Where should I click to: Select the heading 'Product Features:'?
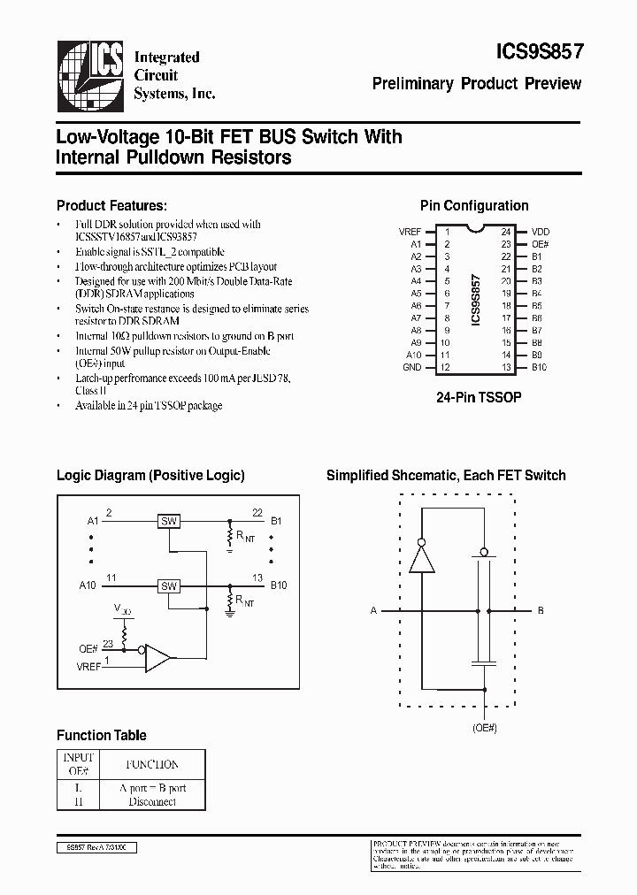pyautogui.click(x=111, y=205)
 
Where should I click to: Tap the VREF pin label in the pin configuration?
pyautogui.click(x=410, y=232)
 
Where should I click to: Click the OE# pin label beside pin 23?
pyautogui.click(x=540, y=244)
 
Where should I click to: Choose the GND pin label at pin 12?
pyautogui.click(x=411, y=366)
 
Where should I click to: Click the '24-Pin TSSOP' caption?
pyautogui.click(x=479, y=398)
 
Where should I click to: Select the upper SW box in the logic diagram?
pyautogui.click(x=169, y=521)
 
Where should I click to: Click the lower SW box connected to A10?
pyautogui.click(x=169, y=585)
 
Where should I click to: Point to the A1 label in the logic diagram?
pyautogui.click(x=93, y=521)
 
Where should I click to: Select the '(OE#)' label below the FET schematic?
pyautogui.click(x=484, y=728)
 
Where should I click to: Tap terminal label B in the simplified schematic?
pyautogui.click(x=541, y=610)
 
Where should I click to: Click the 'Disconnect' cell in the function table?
pyautogui.click(x=152, y=801)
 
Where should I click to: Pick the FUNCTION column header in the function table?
pyautogui.click(x=152, y=764)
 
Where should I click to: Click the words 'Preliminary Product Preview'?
pyautogui.click(x=476, y=84)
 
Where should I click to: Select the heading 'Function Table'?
pyautogui.click(x=102, y=735)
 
